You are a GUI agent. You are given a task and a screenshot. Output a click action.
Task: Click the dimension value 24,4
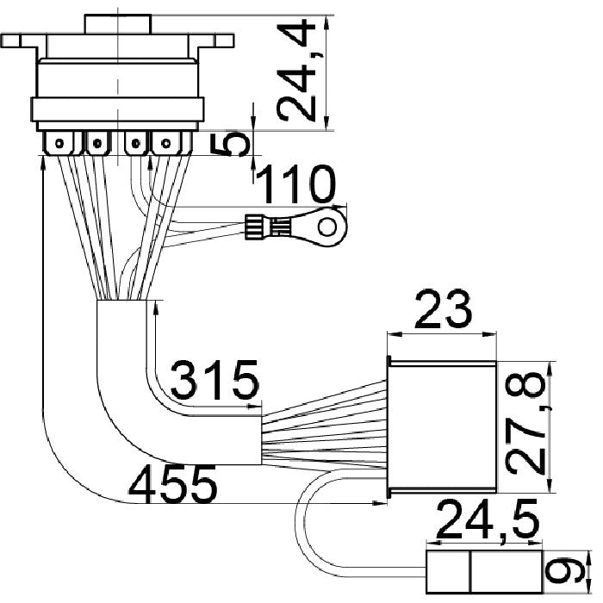click(x=296, y=71)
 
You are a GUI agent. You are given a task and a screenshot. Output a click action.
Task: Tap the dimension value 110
click(x=295, y=183)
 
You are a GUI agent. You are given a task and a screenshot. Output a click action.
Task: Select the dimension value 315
click(x=214, y=379)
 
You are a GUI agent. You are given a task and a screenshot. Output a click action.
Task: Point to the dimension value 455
click(x=172, y=483)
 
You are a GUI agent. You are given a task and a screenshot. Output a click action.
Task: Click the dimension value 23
click(x=442, y=310)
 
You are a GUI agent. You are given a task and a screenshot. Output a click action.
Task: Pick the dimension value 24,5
click(x=488, y=519)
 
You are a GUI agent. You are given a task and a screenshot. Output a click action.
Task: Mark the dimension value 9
click(x=564, y=572)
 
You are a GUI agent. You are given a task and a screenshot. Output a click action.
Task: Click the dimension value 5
click(x=230, y=144)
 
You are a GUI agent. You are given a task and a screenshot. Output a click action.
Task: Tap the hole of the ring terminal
click(x=327, y=227)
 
